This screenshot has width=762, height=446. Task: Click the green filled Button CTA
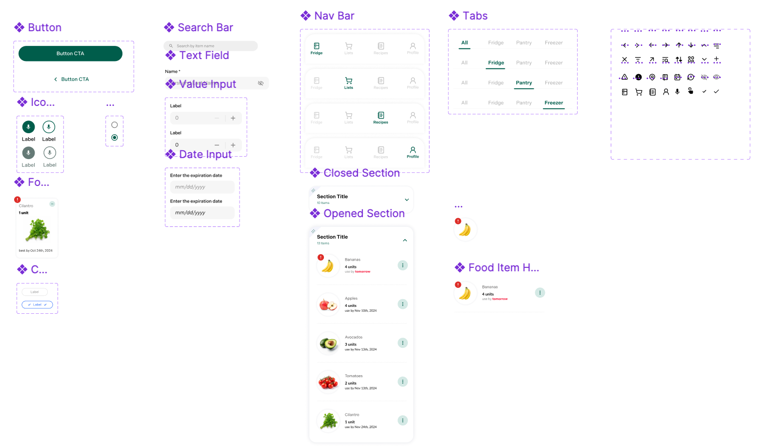(70, 54)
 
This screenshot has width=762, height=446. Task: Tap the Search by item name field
(210, 46)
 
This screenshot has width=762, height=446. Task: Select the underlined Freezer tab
(554, 103)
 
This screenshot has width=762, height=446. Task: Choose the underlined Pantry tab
(524, 83)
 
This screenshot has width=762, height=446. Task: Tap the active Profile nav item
(413, 152)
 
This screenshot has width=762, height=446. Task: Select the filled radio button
(115, 138)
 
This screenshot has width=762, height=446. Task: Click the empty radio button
(115, 125)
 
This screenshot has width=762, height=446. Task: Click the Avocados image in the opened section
(328, 344)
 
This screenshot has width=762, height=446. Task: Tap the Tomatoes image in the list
(328, 382)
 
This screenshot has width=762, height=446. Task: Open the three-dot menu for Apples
(402, 304)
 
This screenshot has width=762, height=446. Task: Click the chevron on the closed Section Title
(407, 200)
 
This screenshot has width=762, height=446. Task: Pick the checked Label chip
(37, 304)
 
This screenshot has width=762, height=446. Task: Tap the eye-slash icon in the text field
(261, 83)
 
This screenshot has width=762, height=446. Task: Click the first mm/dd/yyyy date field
(202, 187)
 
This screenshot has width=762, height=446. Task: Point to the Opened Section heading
(364, 214)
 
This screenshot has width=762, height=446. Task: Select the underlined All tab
(464, 43)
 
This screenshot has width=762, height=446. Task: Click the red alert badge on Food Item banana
(458, 284)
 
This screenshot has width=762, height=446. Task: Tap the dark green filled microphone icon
(28, 127)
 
